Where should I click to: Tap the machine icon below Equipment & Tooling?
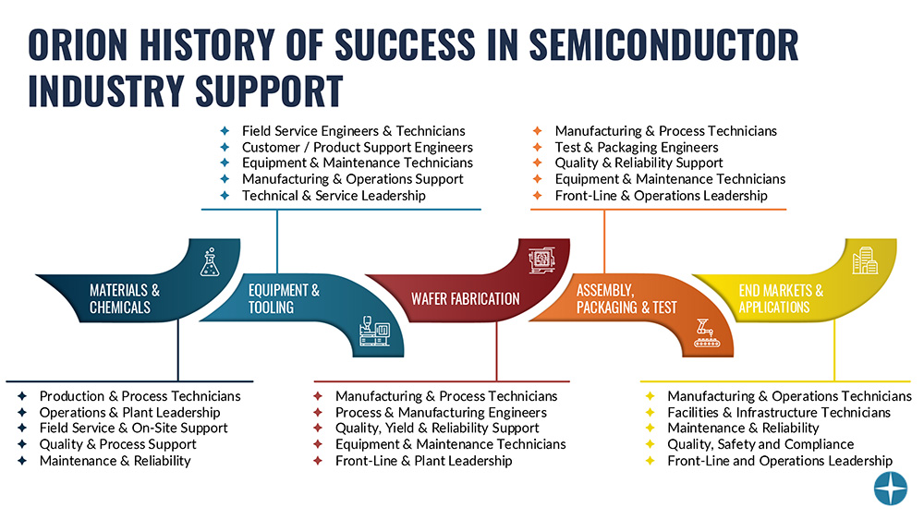coord(381,333)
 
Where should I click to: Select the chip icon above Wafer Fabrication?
coord(540,261)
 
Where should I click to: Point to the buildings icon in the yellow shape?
coord(864,261)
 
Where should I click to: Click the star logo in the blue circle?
coord(891,489)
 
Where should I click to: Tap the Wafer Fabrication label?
coord(466,298)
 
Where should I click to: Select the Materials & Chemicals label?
coord(125,298)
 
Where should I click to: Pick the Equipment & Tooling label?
coord(284,298)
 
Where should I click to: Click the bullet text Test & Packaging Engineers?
coord(636,147)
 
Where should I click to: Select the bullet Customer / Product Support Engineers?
coord(357,147)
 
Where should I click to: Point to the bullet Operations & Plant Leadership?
coord(129,412)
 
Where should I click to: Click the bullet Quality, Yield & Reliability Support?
coord(437,428)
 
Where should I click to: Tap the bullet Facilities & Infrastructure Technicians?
coord(779,412)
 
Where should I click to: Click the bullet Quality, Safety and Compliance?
coord(760,444)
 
